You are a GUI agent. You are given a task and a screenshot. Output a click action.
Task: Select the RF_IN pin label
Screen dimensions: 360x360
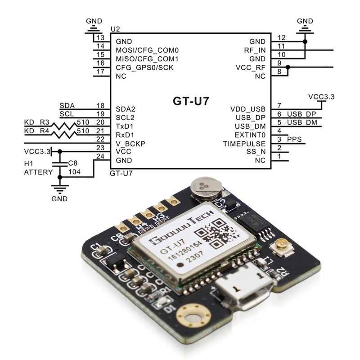point(255,50)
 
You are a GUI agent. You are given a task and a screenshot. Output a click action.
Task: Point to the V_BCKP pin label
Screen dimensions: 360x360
point(130,144)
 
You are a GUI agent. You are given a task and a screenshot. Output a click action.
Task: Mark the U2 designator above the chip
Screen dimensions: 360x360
point(116,29)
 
